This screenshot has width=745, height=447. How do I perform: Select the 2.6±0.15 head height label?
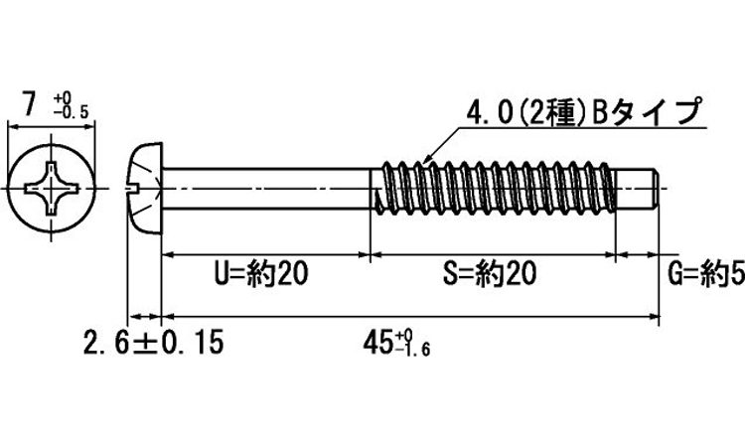(154, 344)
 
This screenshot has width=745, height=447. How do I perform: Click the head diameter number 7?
(31, 103)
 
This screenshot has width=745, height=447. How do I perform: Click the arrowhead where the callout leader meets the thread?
(425, 159)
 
